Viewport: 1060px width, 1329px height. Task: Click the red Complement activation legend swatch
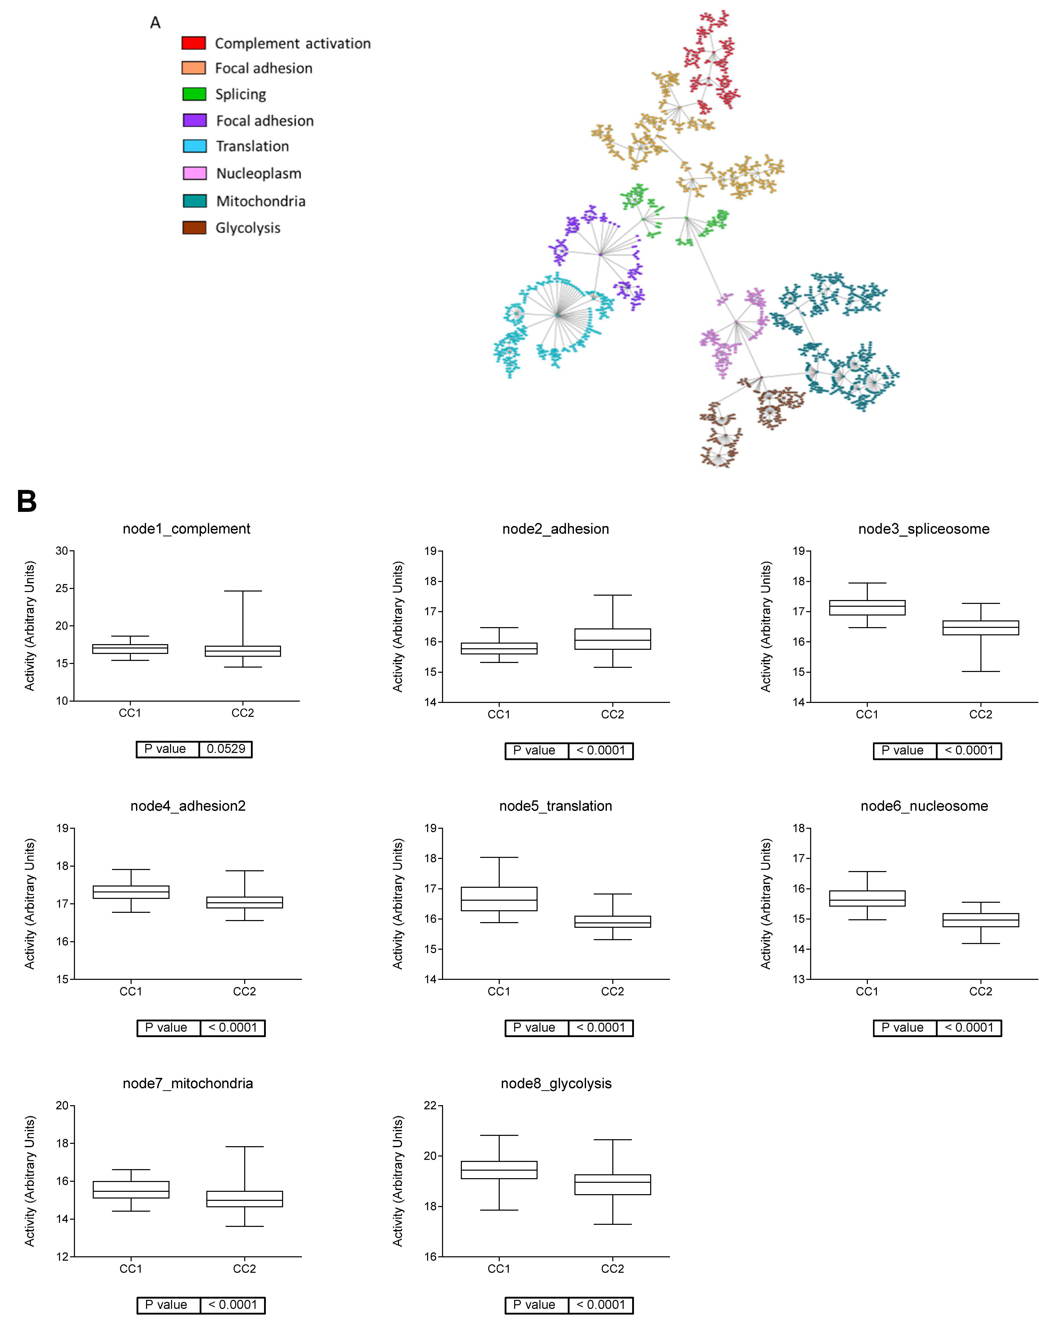click(x=193, y=43)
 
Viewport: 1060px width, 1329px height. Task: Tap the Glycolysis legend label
click(x=248, y=228)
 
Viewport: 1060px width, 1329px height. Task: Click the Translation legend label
click(x=252, y=146)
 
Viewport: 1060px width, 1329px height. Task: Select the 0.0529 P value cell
click(x=225, y=749)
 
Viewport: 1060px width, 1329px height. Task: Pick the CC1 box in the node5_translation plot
click(x=499, y=899)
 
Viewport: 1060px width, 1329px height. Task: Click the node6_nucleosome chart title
click(x=924, y=806)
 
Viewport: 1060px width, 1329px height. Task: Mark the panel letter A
click(x=155, y=23)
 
